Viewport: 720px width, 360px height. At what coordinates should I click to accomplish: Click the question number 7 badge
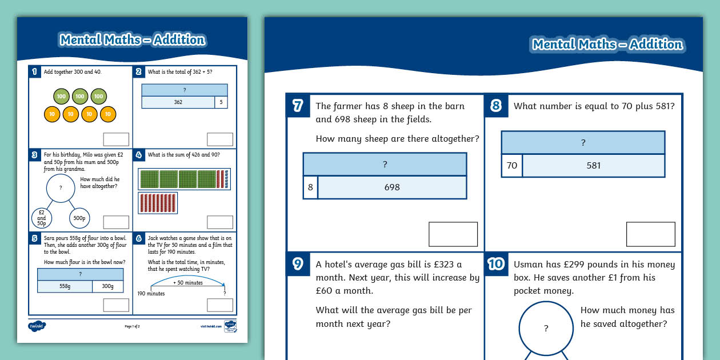point(298,106)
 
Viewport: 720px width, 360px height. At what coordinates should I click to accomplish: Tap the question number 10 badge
point(496,263)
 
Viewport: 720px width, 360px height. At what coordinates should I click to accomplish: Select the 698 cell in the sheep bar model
point(392,187)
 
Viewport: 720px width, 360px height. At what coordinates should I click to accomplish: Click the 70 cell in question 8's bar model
point(511,166)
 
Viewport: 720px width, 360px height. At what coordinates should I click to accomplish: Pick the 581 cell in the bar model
point(593,166)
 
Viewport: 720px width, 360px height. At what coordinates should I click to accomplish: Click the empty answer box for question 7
point(453,234)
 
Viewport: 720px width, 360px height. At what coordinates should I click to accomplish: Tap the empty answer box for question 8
point(650,234)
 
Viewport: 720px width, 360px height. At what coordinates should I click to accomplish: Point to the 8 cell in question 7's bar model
point(310,187)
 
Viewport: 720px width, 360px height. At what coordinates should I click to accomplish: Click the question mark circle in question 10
point(546,328)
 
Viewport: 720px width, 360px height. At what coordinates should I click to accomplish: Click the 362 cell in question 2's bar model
point(178,102)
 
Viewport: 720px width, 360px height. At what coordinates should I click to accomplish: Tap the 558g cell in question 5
point(65,286)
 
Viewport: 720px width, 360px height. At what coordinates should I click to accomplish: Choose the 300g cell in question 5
point(107,286)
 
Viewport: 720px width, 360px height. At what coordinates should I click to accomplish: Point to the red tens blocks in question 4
point(158,203)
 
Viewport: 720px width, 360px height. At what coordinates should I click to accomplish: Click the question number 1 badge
point(34,71)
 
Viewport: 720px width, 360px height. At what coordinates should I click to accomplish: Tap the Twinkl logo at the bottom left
point(37,326)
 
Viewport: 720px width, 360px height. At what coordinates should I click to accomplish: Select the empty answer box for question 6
point(219,305)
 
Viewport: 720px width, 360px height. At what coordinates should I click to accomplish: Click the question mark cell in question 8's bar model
point(583,143)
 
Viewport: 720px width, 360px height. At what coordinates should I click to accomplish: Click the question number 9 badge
point(298,263)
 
